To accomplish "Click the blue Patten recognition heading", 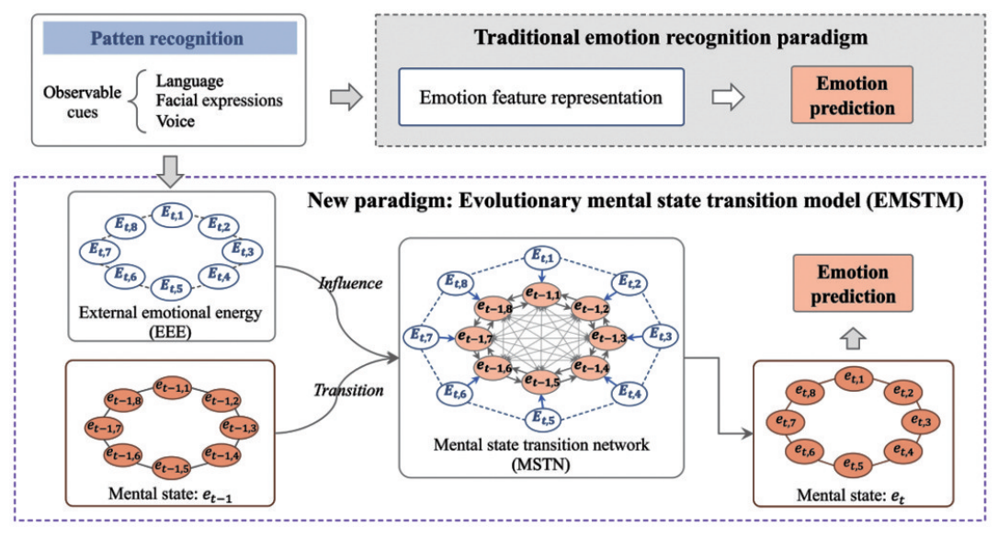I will click(x=166, y=40).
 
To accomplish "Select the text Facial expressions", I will click(x=219, y=100).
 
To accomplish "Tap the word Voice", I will click(x=175, y=120).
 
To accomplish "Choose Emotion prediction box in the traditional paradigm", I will click(x=852, y=97).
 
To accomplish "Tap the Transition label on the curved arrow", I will click(x=348, y=390).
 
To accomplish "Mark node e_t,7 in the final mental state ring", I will click(x=786, y=422).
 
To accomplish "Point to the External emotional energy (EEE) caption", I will click(x=170, y=321).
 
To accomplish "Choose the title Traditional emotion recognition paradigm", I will click(x=657, y=38).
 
